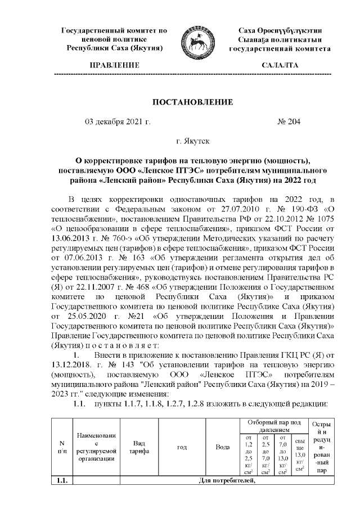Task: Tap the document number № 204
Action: [290, 121]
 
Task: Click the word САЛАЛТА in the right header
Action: [280, 66]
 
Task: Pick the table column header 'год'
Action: [182, 447]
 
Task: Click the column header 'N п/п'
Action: [62, 447]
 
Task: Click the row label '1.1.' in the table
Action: [62, 480]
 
